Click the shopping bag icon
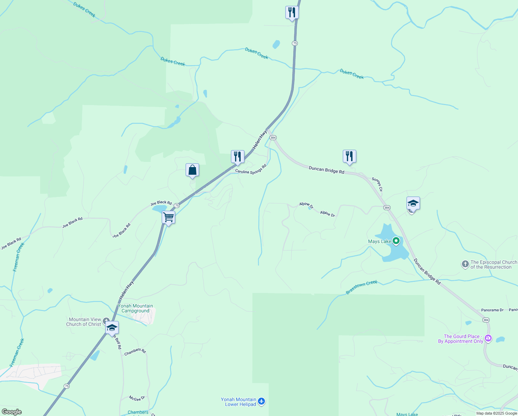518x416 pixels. (192, 170)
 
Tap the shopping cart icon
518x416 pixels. (168, 218)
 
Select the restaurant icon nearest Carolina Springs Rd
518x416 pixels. (238, 157)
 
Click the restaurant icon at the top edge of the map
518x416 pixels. (292, 12)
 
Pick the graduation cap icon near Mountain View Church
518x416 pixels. (112, 328)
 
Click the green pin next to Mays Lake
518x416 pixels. (396, 241)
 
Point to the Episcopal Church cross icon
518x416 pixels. (465, 265)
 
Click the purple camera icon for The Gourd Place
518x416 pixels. (488, 338)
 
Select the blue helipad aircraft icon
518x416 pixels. (261, 401)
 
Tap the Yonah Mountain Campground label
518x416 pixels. (135, 308)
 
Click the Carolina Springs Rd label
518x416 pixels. (251, 169)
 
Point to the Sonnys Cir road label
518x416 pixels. (377, 184)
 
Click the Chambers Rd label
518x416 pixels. (135, 352)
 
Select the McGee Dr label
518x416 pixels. (137, 398)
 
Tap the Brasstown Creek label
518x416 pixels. (361, 287)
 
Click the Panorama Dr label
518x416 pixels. (492, 310)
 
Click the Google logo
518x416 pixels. (11, 412)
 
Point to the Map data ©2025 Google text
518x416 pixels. (497, 413)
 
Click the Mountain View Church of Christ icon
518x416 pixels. (106, 321)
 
